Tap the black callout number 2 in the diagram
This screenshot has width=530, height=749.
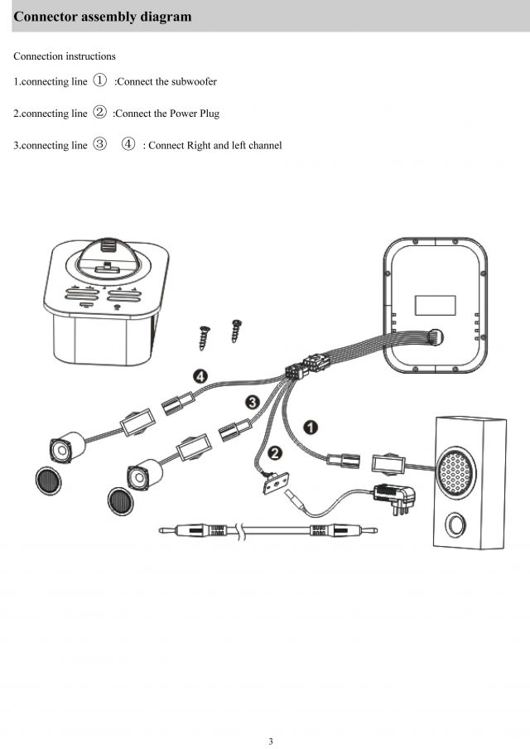[x=275, y=452]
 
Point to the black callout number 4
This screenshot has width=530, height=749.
[x=200, y=377]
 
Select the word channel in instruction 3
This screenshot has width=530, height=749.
[x=262, y=146]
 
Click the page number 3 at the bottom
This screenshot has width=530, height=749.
[x=270, y=741]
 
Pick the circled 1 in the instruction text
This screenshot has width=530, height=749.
[x=99, y=80]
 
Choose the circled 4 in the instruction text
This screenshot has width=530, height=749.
[x=128, y=144]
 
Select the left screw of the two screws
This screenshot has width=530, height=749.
[x=203, y=337]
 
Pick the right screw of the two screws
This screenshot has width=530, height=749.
[x=236, y=331]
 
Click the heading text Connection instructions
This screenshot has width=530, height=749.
[x=65, y=56]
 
